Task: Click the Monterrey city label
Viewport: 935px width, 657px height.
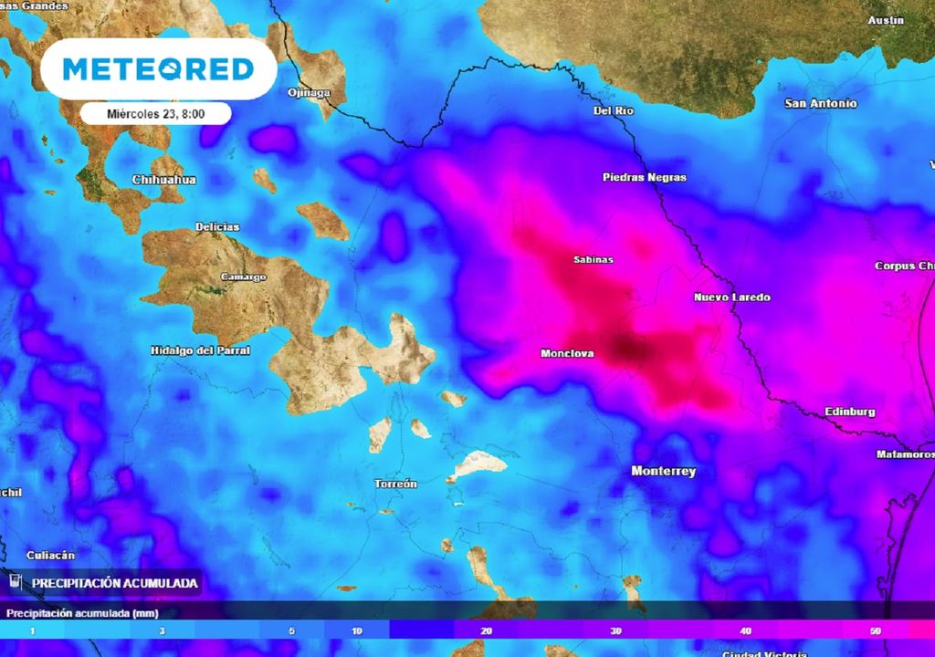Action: tap(664, 472)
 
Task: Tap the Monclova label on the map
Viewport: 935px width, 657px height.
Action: tap(568, 353)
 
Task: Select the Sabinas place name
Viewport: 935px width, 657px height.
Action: tap(594, 260)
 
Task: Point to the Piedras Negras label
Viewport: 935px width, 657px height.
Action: tap(645, 177)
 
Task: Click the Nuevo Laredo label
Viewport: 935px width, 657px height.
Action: tap(732, 297)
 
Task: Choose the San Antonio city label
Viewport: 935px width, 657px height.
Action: tap(821, 104)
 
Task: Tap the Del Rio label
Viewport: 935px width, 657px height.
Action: tap(614, 110)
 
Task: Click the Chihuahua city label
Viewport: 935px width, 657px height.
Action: tap(164, 180)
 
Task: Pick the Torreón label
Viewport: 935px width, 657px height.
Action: tap(396, 484)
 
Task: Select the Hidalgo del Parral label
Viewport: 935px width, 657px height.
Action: tap(200, 350)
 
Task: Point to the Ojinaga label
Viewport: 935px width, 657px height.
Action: tap(308, 92)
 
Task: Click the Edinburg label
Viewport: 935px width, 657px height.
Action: tap(850, 412)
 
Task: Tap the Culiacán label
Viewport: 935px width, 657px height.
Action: tap(51, 555)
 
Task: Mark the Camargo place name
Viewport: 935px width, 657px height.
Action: tap(244, 276)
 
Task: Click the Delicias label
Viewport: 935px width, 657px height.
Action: tap(217, 227)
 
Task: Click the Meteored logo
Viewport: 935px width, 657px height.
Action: tap(159, 68)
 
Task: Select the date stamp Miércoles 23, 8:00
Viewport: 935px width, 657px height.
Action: tap(154, 113)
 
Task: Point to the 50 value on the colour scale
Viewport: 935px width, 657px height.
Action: tap(876, 631)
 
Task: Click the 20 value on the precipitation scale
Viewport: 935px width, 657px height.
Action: tap(488, 631)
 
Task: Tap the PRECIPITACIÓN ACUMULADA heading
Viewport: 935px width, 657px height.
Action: tap(115, 582)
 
